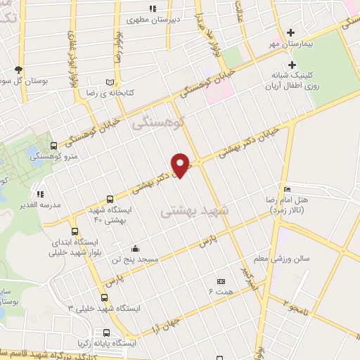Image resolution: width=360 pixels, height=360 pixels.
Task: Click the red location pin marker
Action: (x=181, y=164)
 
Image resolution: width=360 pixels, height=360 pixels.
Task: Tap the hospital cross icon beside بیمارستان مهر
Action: (x=291, y=32)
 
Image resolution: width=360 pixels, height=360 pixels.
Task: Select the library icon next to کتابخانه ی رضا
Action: (x=109, y=82)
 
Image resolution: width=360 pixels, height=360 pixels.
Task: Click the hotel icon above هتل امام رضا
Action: (x=286, y=189)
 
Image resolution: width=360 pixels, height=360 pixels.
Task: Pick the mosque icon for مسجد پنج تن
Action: (x=135, y=248)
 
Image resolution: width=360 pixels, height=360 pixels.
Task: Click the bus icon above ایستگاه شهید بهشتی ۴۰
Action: (x=110, y=199)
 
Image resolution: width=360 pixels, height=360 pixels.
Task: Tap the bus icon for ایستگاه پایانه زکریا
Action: (x=106, y=333)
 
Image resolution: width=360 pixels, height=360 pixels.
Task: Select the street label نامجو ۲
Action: (x=296, y=304)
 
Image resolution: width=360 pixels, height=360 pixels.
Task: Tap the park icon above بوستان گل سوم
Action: (x=18, y=70)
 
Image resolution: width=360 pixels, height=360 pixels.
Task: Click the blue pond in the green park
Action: (x=33, y=153)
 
